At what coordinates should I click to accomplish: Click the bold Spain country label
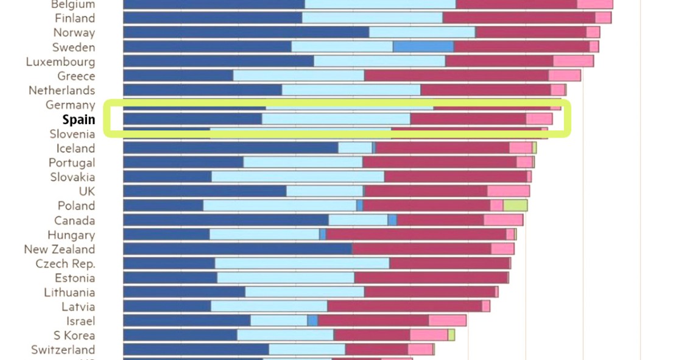coord(79,119)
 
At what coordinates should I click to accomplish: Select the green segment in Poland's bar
coord(515,205)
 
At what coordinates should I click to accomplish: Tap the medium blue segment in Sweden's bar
coord(423,47)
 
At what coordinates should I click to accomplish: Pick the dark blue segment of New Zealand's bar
coord(238,249)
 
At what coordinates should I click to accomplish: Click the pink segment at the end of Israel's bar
coord(447,320)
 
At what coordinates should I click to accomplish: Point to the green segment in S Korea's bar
coord(451,335)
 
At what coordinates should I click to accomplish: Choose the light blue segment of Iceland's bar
coord(355,148)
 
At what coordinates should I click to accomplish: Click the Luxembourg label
coord(60,62)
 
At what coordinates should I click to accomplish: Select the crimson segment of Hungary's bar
coord(415,235)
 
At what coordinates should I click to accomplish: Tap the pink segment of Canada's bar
coord(503,220)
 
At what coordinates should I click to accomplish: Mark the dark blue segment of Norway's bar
coord(246,32)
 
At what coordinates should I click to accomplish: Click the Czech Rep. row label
coord(65,264)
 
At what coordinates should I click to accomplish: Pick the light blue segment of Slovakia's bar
coord(298,177)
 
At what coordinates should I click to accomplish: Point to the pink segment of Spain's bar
coord(539,119)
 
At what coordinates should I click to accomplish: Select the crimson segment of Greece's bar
coord(456,76)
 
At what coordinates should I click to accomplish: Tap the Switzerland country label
coord(63,350)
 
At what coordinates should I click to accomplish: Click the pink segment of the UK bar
coord(508,191)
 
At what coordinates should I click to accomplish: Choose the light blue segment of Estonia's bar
coord(286,278)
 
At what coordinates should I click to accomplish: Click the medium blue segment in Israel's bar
coord(312,320)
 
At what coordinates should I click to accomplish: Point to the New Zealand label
coord(60,249)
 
